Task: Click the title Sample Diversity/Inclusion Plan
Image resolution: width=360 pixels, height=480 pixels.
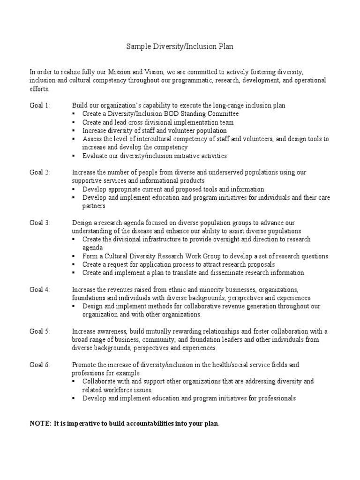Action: (x=180, y=47)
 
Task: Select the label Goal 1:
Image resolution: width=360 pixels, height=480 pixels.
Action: (x=40, y=105)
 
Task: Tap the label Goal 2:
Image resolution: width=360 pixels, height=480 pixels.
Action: (x=40, y=172)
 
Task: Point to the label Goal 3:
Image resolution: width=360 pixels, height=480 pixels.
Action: (x=40, y=223)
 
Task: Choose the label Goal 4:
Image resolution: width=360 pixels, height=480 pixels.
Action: (x=40, y=290)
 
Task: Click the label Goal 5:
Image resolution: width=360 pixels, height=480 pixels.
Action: (x=40, y=331)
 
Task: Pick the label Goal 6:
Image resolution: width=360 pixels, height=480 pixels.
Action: (x=40, y=365)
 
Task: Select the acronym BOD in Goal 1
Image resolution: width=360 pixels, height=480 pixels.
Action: (x=178, y=114)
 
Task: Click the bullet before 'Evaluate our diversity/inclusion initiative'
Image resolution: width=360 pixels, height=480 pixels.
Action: (x=74, y=156)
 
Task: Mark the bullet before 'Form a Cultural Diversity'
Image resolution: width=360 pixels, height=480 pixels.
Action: (x=74, y=256)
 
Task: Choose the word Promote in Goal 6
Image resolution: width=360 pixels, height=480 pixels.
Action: (x=84, y=365)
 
